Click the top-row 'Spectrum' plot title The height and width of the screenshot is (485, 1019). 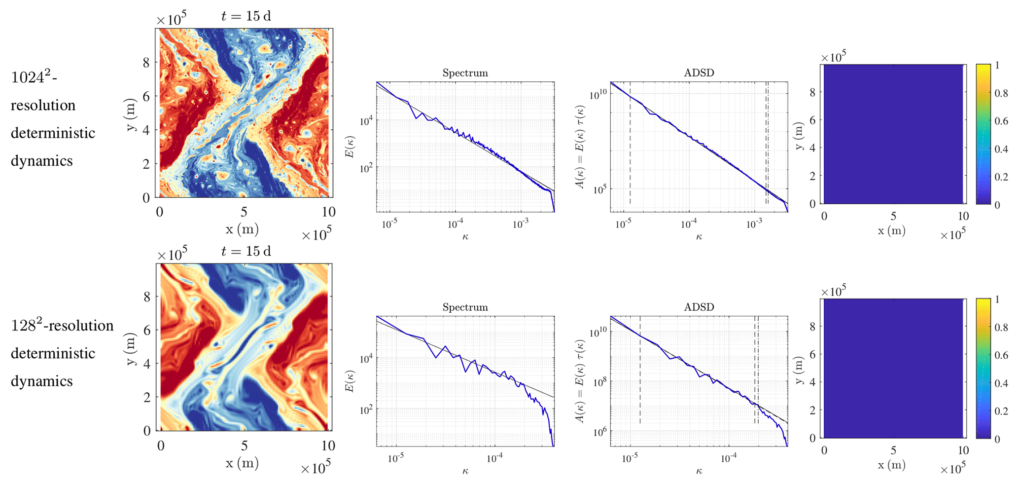click(465, 73)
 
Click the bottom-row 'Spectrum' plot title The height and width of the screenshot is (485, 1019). click(465, 307)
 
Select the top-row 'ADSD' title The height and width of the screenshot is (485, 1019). click(699, 73)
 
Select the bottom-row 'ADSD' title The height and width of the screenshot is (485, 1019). click(699, 307)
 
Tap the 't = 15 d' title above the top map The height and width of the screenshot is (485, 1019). click(246, 16)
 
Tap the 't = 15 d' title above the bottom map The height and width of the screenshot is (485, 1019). click(246, 252)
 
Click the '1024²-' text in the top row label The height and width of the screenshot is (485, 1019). click(34, 77)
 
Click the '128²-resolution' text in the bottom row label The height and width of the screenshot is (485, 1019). click(62, 326)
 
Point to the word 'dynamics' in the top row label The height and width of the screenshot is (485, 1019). click(41, 161)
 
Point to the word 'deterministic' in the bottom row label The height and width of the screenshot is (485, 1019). click(53, 353)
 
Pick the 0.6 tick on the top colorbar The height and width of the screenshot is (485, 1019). click(1001, 121)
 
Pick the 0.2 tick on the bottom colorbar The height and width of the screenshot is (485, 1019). click(1001, 411)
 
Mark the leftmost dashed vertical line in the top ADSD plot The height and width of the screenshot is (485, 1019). click(630, 148)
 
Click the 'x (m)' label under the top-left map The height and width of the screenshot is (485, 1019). click(242, 229)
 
